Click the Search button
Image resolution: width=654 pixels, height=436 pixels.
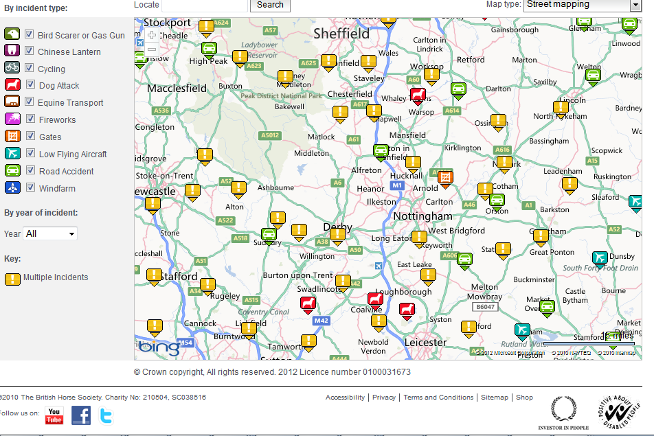270,5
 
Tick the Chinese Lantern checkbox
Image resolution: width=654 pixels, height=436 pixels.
30,51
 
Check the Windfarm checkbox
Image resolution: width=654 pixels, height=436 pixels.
30,187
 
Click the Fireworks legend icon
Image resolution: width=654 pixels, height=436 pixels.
12,119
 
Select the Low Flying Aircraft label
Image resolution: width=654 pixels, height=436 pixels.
73,154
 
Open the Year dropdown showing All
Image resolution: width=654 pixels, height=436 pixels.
50,233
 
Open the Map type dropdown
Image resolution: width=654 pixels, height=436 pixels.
582,5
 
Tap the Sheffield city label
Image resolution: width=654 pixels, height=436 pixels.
341,33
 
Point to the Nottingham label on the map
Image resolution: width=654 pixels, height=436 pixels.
422,216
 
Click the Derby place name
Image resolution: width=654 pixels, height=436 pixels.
337,227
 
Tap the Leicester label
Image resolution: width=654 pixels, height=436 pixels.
426,342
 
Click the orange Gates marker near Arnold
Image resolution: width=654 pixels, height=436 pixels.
445,178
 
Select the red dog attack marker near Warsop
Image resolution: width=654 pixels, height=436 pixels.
418,95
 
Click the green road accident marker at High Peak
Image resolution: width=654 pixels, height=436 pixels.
208,49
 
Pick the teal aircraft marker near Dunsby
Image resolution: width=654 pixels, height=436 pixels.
600,258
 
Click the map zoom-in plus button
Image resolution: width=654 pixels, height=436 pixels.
152,35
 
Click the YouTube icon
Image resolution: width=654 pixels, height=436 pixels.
54,415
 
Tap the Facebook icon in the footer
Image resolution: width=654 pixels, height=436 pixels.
81,415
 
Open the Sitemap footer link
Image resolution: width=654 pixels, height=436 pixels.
495,398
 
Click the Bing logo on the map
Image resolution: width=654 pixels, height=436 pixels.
159,347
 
